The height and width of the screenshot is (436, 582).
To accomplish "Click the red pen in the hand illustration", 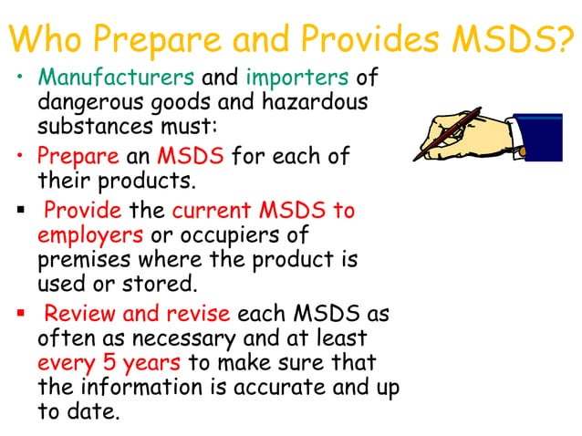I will (447, 132).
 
